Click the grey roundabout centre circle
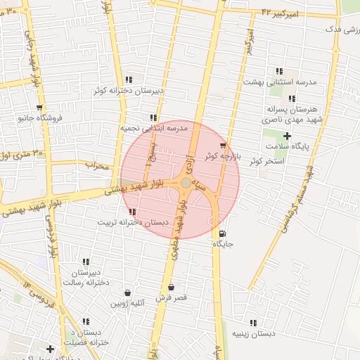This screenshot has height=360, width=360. click(185, 183)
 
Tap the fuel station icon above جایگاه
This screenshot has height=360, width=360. click(223, 234)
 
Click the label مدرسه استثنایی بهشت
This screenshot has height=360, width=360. click(280, 82)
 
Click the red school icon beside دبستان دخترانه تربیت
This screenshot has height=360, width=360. click(133, 212)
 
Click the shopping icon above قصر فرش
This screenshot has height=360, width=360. click(171, 288)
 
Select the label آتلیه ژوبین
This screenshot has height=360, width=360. click(127, 304)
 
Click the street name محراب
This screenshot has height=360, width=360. click(98, 166)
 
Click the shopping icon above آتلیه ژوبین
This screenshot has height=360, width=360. click(127, 293)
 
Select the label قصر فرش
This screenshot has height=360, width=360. click(171, 298)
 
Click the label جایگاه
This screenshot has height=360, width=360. click(223, 244)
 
